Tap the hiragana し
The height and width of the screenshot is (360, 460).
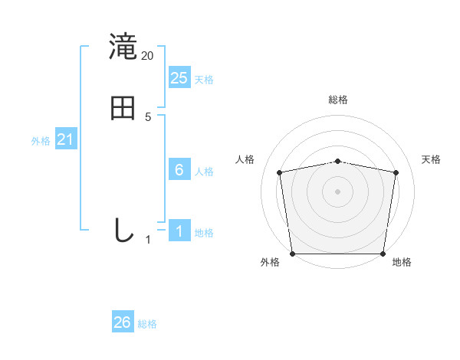(123, 230)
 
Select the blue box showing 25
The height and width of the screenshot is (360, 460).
(179, 77)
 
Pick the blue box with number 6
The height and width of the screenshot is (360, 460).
(179, 170)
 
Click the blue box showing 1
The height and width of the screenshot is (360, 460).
(179, 230)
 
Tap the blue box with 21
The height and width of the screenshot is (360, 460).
(66, 139)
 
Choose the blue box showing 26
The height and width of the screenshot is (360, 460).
(123, 322)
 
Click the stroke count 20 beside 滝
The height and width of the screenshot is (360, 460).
(148, 56)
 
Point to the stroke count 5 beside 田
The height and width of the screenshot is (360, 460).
(148, 117)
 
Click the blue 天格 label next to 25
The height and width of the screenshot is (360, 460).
(204, 80)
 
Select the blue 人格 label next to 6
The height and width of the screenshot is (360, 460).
(204, 172)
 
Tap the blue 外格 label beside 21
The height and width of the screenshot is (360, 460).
(41, 141)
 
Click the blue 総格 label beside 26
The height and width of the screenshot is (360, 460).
(147, 324)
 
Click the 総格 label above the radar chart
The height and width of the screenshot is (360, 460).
(338, 100)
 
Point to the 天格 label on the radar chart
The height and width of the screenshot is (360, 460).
(432, 159)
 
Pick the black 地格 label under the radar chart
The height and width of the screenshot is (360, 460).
(402, 263)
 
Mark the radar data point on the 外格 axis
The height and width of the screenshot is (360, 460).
(293, 253)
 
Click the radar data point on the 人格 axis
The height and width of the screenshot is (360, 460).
(280, 172)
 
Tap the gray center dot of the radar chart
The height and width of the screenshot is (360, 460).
(338, 191)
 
